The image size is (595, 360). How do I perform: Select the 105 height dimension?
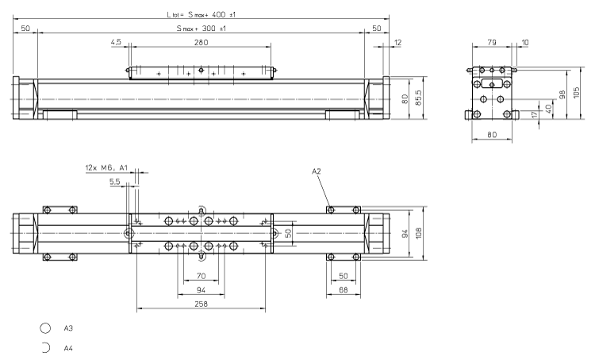click(577, 93)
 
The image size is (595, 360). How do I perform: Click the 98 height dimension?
click(562, 95)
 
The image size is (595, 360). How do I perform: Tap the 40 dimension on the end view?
click(548, 107)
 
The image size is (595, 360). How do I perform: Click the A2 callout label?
click(316, 171)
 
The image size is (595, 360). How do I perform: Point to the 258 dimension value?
click(201, 304)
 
